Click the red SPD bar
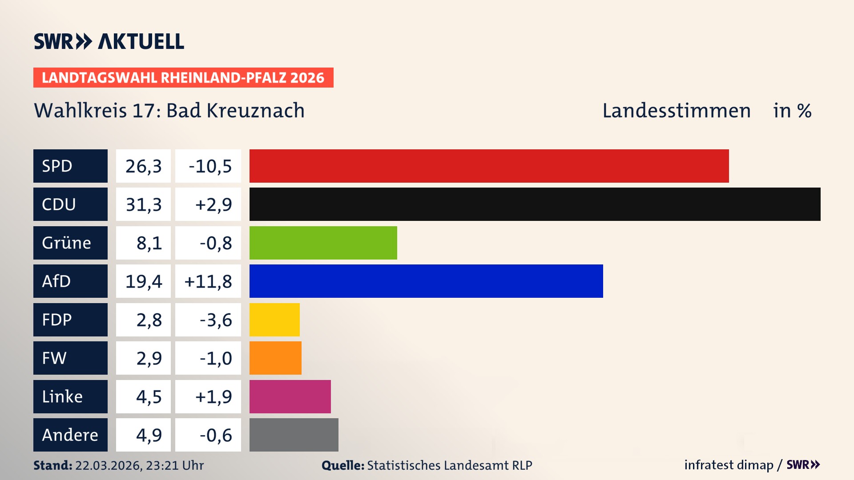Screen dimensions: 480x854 click(x=489, y=166)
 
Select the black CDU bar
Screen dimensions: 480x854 click(x=535, y=204)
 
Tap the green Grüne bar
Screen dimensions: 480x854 click(x=323, y=243)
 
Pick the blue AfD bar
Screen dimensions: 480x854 click(x=426, y=281)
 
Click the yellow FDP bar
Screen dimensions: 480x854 click(x=274, y=320)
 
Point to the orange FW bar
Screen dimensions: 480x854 click(x=275, y=358)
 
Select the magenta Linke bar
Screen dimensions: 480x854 click(x=290, y=396)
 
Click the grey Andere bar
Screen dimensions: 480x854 click(x=294, y=435)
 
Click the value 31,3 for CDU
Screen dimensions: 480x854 click(x=143, y=204)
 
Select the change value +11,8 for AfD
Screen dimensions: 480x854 click(x=208, y=281)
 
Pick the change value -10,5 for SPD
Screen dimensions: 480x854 click(x=210, y=166)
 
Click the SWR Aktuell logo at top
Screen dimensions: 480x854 click(x=109, y=41)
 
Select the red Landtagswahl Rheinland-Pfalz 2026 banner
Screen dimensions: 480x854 click(x=183, y=78)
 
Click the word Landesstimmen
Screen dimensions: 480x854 click(x=676, y=111)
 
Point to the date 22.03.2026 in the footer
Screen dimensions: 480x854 click(x=108, y=465)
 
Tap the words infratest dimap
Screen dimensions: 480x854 click(x=729, y=465)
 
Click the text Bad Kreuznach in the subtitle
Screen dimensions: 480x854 click(x=235, y=111)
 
